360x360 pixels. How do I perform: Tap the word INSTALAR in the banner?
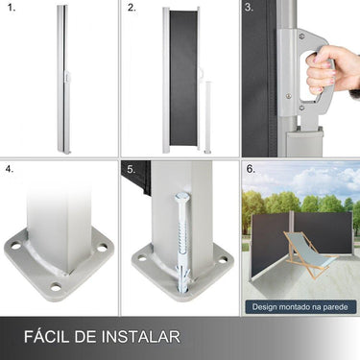coord(144,337)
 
